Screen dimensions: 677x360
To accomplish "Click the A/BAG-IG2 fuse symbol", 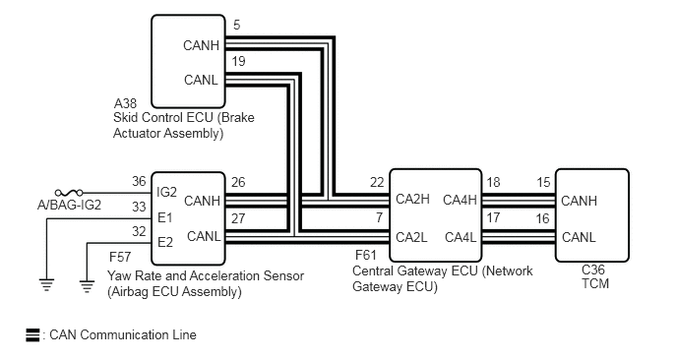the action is coord(69,193).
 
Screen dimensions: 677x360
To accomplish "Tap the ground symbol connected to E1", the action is coord(46,285).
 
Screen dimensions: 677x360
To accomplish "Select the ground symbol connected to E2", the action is coord(87,286).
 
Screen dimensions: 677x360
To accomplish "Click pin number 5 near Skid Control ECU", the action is coord(236,25).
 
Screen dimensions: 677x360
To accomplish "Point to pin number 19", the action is coord(238,61).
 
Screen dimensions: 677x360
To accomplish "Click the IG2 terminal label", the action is coord(166,192).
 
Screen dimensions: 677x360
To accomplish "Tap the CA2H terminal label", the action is coord(412,199).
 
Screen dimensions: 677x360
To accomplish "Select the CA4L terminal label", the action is coord(461,237).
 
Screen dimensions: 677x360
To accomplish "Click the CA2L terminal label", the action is coord(411,237).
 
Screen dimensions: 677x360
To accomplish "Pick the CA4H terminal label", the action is coord(460,200).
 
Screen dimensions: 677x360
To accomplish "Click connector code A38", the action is coord(125,103).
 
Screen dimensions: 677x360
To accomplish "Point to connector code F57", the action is coord(120,258).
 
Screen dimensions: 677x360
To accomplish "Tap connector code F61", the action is coord(366,255).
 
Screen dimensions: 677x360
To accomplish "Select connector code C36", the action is coord(593,270).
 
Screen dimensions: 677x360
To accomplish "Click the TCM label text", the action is coord(595,284).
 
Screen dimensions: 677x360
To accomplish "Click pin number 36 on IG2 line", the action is coord(139,181).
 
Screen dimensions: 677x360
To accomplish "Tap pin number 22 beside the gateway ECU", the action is coord(377,183).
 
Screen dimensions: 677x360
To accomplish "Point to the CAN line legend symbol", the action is coord(32,335).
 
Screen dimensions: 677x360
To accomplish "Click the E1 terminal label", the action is coord(165,218).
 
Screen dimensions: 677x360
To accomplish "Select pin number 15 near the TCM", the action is coord(543,183).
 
